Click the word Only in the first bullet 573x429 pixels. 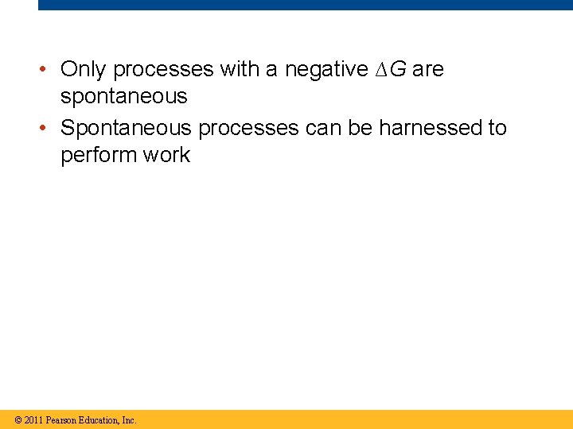coord(84,70)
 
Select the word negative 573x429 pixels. coord(325,70)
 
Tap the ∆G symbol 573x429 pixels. coord(390,70)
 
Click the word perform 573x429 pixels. coord(99,155)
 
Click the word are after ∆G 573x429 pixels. coord(428,70)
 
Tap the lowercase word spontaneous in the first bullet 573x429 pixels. coord(123,97)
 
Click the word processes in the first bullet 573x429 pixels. coord(163,70)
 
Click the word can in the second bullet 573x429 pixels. coord(326,128)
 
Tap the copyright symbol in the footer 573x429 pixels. coord(18,419)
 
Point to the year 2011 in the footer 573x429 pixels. coord(33,419)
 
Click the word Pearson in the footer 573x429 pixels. coord(61,419)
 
